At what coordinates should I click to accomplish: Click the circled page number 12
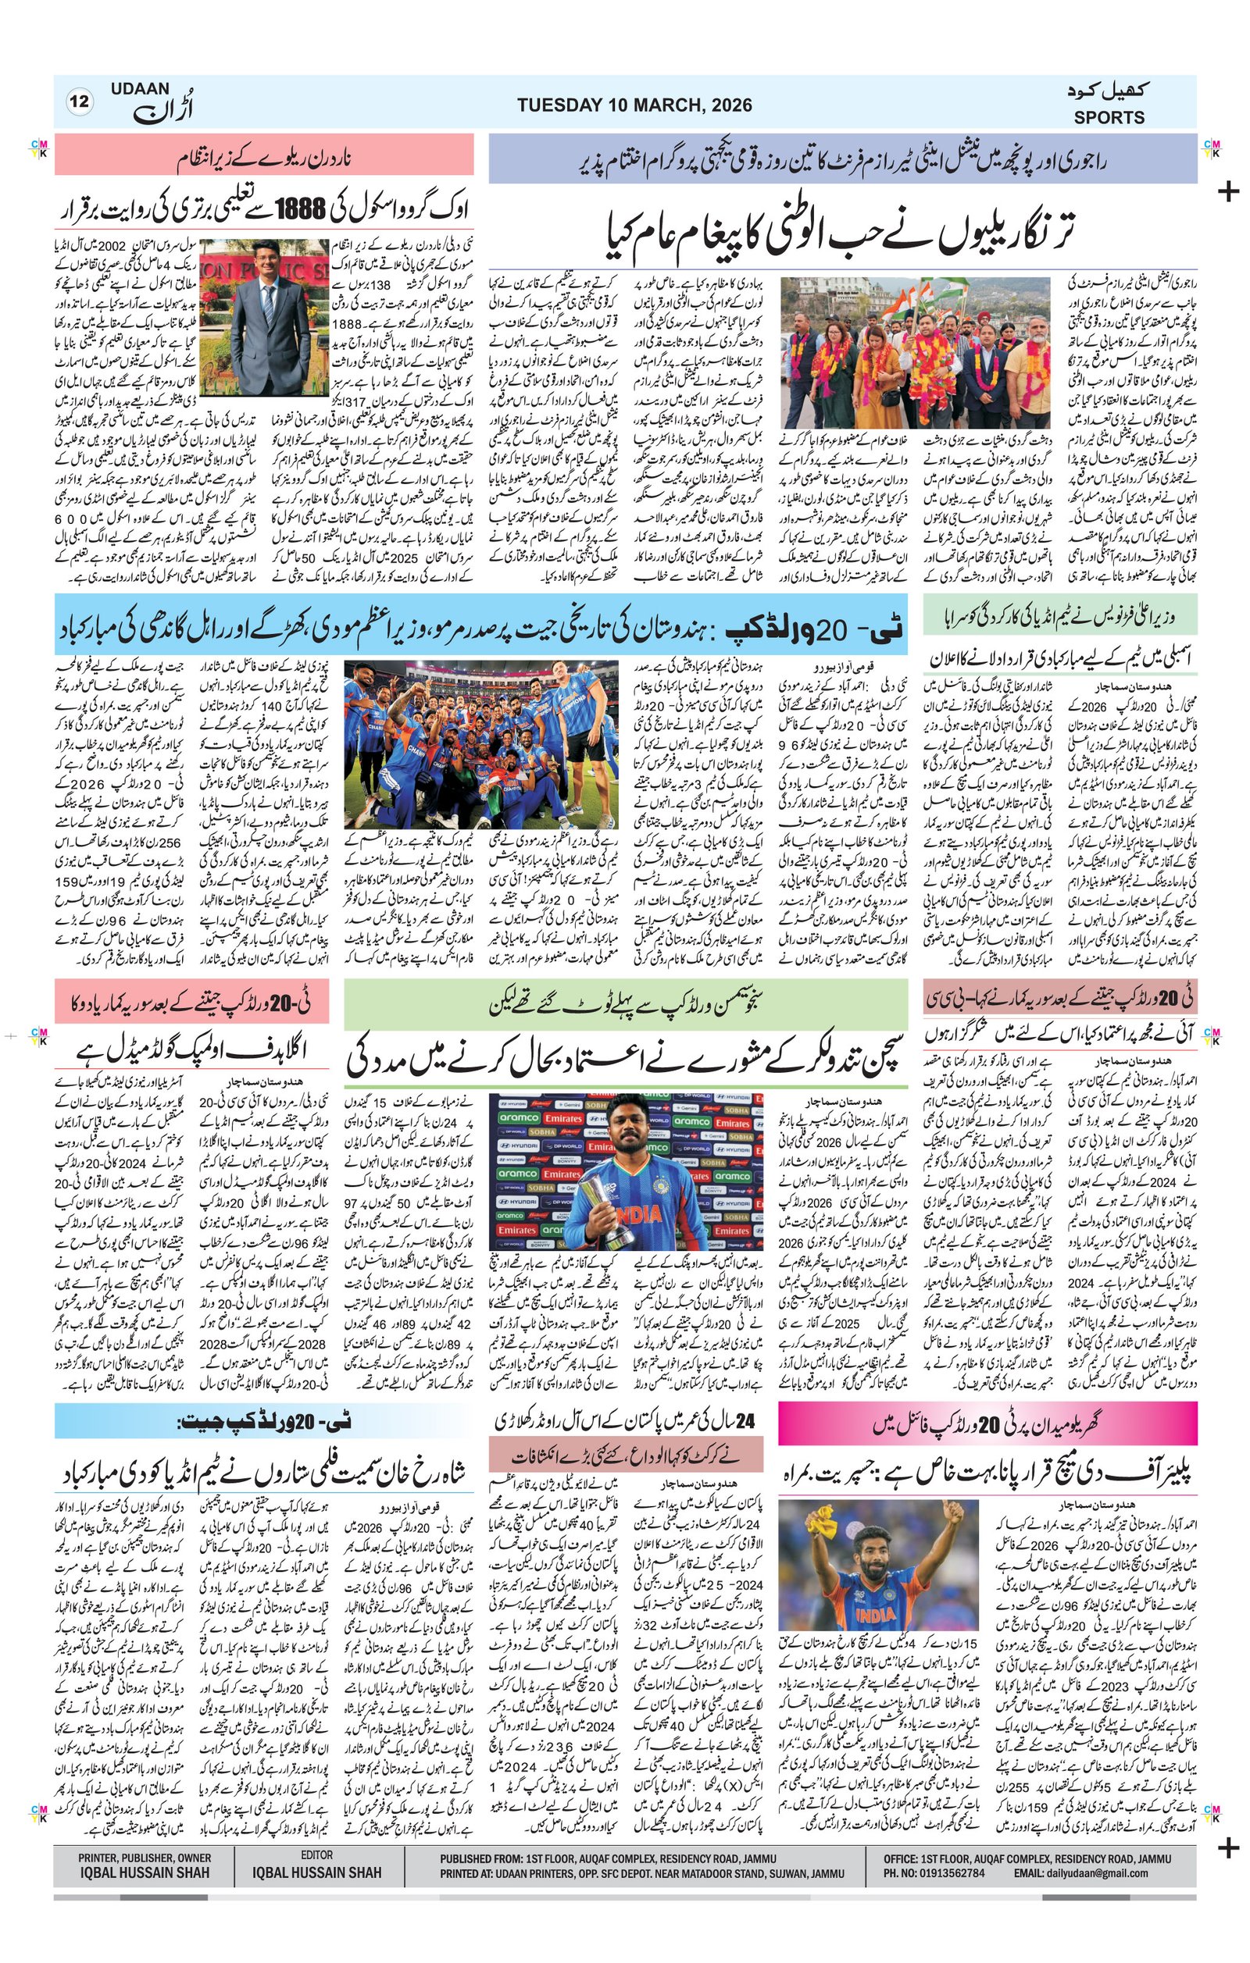80,102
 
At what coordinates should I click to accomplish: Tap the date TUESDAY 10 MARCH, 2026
634,105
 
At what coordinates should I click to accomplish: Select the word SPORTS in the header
1108,117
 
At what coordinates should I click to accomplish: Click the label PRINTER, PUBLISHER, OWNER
145,1858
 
